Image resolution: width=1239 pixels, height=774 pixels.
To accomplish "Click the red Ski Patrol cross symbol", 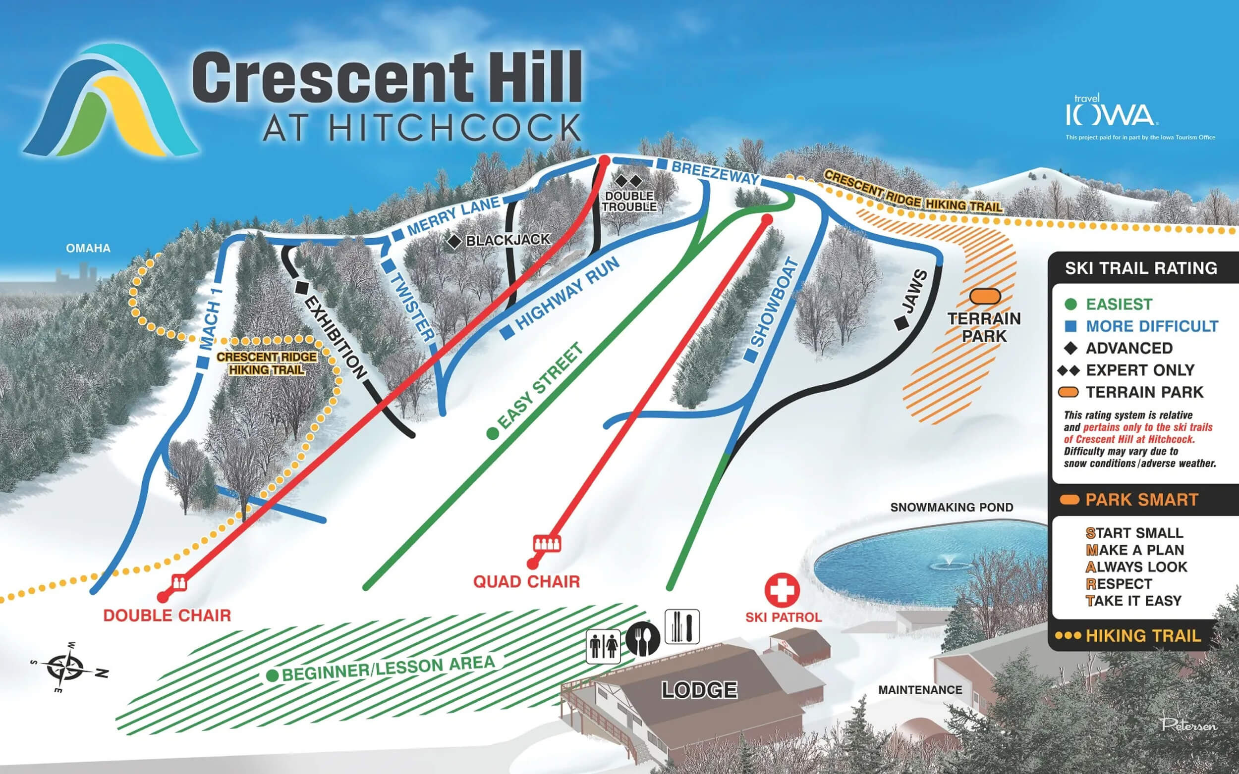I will click(x=782, y=590).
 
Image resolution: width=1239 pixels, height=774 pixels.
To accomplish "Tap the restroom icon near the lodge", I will click(x=603, y=647).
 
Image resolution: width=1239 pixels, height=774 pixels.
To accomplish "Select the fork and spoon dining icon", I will click(x=643, y=639).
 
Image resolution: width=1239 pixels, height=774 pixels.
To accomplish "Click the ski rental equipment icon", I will click(x=682, y=626).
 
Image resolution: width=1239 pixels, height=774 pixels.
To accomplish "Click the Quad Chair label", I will click(x=526, y=582).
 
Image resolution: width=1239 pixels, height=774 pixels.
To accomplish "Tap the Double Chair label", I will click(x=167, y=616).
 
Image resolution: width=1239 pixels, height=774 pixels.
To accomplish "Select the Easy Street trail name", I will click(x=541, y=386).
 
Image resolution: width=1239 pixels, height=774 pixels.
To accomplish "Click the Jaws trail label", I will click(x=915, y=292).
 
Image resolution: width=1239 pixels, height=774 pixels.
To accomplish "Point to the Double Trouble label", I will click(x=629, y=201).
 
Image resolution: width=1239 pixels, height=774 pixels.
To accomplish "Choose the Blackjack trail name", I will click(x=507, y=240).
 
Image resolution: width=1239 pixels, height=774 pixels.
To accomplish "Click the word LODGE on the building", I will click(x=699, y=690).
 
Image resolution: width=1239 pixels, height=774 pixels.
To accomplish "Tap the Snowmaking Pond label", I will click(x=952, y=507).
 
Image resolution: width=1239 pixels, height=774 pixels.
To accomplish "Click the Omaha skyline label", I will click(x=88, y=248).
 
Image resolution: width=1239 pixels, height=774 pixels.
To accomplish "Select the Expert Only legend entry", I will click(x=1140, y=370).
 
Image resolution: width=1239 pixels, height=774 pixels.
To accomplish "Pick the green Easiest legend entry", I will click(x=1119, y=304).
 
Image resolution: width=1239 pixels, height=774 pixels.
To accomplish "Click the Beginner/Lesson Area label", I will click(x=388, y=668).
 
